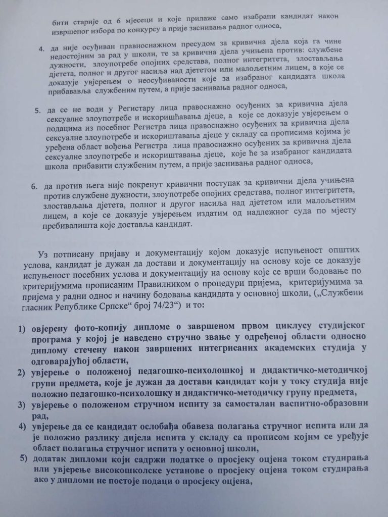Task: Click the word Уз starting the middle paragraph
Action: click(x=42, y=251)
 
